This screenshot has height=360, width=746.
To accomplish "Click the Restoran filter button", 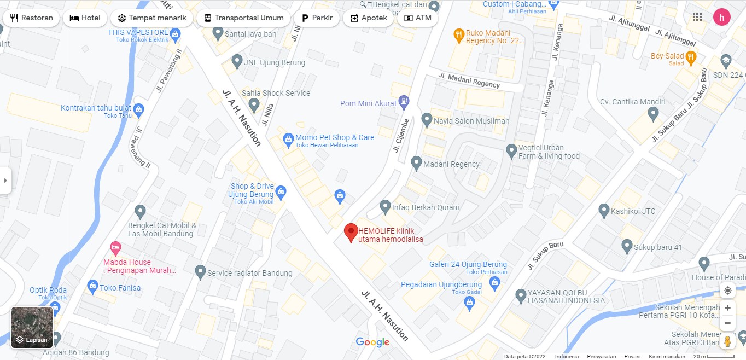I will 31,18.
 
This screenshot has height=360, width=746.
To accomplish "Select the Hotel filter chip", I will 85,18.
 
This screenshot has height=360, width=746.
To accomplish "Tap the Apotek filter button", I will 369,18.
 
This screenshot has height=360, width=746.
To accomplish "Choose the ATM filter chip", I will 417,18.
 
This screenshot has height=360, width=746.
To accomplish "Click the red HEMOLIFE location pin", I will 351,233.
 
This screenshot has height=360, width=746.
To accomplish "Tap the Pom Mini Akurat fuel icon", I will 404,101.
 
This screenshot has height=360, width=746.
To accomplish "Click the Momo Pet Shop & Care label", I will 335,137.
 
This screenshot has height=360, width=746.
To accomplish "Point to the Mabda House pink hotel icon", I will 115,247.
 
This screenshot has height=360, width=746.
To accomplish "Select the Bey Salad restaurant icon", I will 691,56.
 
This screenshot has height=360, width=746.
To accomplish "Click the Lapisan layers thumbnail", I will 32,327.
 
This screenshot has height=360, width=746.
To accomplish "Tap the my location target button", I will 727,291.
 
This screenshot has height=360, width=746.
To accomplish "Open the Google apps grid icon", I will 697,18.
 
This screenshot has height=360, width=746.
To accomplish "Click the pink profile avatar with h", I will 722,18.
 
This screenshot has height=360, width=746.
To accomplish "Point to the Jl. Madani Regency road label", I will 469,80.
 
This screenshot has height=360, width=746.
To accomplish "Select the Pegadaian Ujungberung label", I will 441,284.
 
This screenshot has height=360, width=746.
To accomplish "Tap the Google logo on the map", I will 372,342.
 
